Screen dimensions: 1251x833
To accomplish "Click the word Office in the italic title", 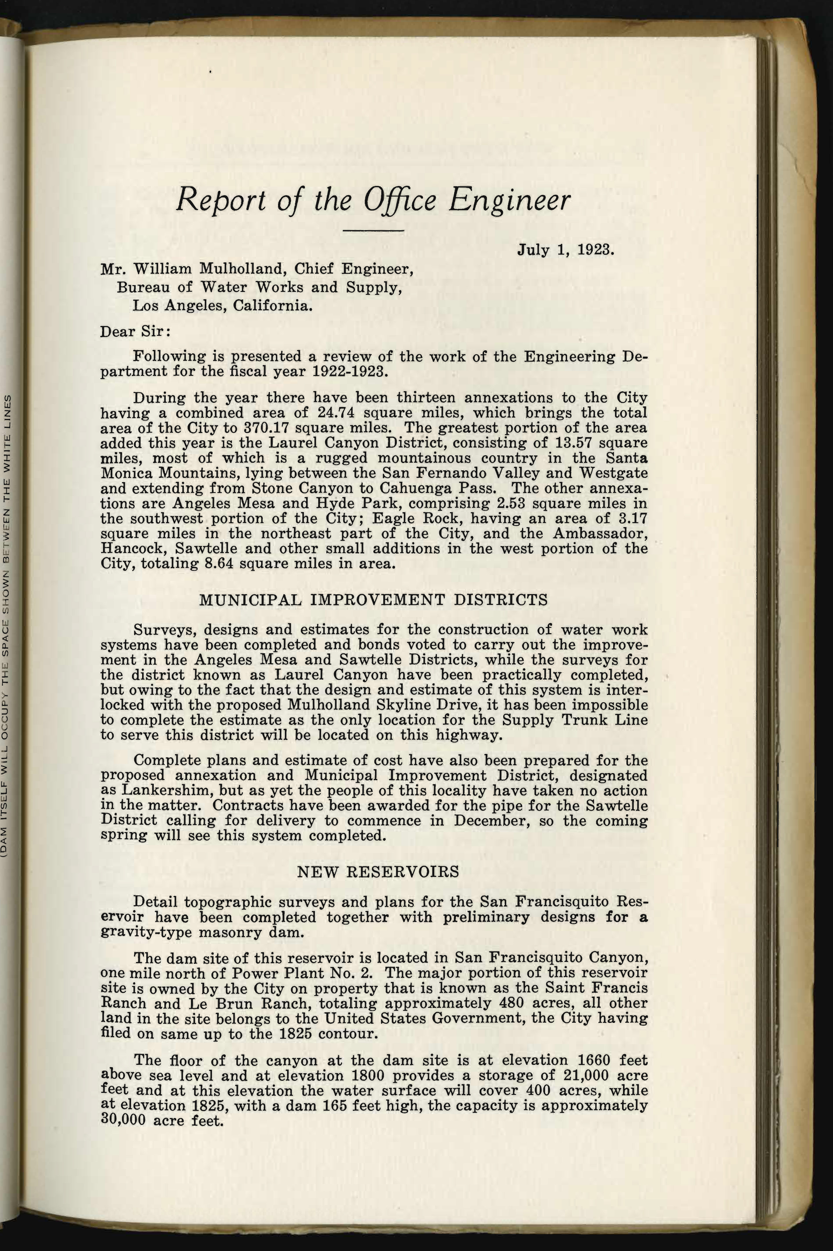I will pyautogui.click(x=400, y=200).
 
